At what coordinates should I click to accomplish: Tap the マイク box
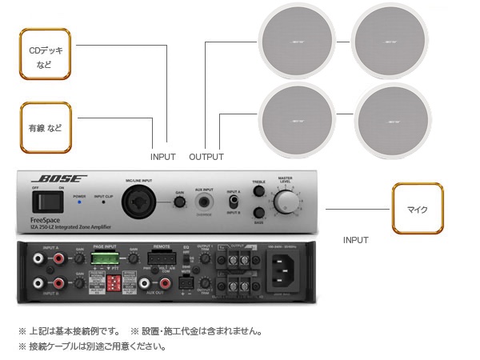[417, 209]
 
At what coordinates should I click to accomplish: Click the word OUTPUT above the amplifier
[206, 157]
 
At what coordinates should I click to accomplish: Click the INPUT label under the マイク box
[355, 239]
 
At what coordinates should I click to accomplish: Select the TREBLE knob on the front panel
[258, 192]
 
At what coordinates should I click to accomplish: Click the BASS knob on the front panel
[258, 213]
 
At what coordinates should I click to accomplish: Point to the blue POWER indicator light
[79, 203]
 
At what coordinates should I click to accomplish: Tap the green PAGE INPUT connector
[103, 258]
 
